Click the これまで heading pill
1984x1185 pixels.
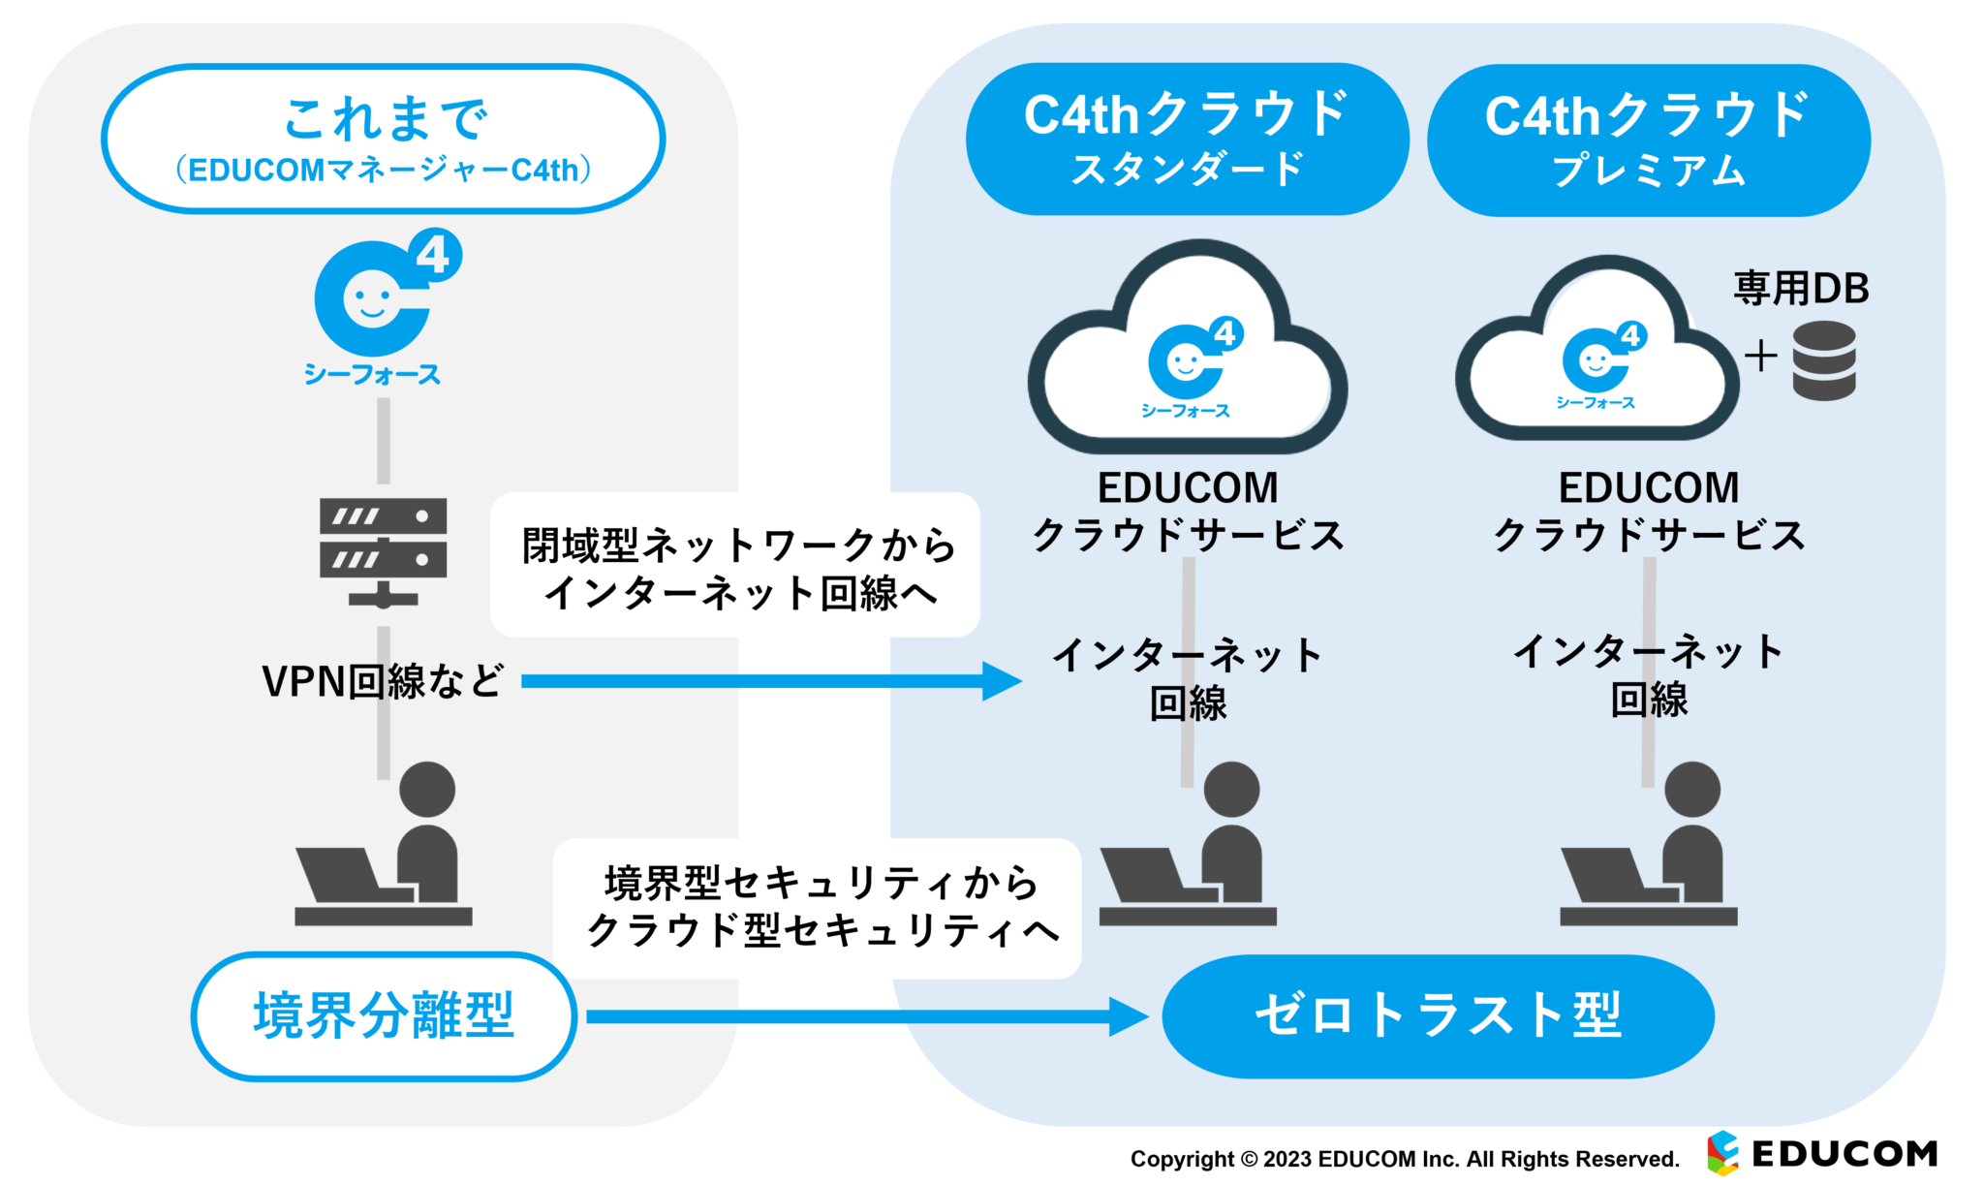click(x=383, y=139)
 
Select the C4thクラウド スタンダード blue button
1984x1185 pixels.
click(x=1187, y=140)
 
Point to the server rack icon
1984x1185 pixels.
click(x=383, y=550)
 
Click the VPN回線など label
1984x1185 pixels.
click(x=383, y=681)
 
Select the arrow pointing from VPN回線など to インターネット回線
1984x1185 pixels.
click(x=770, y=681)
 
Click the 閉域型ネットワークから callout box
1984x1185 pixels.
click(x=735, y=566)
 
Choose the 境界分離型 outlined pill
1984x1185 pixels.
click(x=384, y=1015)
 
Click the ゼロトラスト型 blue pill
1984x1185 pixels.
click(x=1438, y=1015)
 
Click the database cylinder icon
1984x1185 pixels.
click(x=1823, y=360)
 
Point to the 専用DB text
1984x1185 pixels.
click(x=1800, y=288)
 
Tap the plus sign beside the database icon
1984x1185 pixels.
click(x=1760, y=357)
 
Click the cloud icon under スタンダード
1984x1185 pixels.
click(x=1188, y=354)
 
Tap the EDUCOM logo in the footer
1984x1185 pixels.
click(x=1822, y=1153)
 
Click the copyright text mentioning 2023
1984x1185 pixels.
click(x=1404, y=1159)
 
